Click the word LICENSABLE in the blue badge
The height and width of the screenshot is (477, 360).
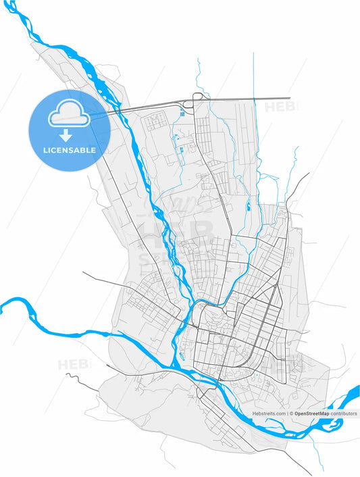tap(69, 150)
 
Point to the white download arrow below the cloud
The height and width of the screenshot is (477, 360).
tap(66, 136)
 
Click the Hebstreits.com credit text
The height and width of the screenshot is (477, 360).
tap(269, 413)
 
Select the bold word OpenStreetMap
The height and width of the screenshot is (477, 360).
tap(311, 413)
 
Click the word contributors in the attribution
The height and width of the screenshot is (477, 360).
tap(344, 413)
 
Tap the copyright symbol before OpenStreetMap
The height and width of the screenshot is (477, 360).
tap(291, 413)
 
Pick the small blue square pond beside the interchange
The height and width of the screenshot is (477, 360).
tap(182, 114)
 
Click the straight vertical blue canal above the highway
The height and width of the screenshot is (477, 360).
tap(253, 74)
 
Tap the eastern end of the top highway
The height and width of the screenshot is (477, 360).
tap(288, 99)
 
